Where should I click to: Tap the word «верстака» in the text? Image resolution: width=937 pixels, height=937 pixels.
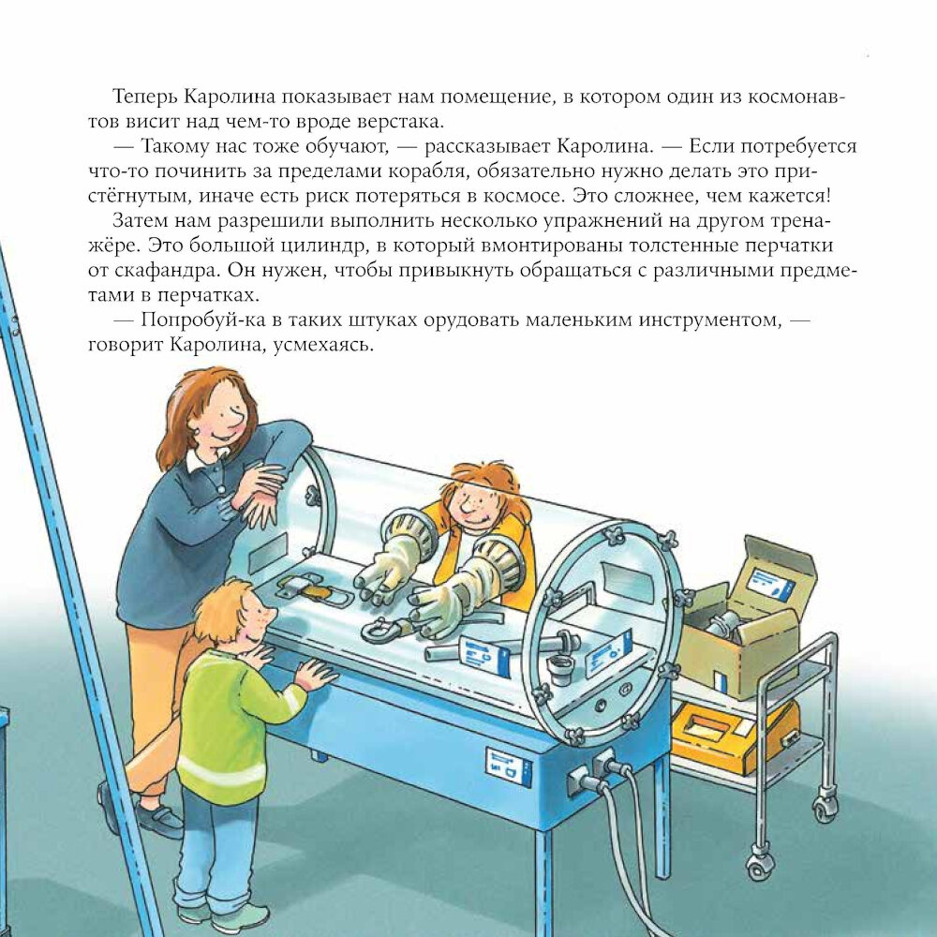[400, 121]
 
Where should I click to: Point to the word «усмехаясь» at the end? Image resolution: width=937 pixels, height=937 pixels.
[323, 346]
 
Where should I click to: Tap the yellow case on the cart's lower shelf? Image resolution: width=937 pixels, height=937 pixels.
[734, 735]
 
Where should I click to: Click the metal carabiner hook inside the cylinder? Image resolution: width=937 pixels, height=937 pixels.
[382, 629]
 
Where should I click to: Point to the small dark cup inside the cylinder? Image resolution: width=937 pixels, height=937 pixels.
[561, 668]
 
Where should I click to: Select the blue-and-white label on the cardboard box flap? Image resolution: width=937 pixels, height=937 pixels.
[773, 582]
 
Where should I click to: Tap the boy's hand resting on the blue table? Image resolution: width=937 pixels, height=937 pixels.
[315, 676]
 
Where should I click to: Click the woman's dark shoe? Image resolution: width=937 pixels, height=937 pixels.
[157, 819]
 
